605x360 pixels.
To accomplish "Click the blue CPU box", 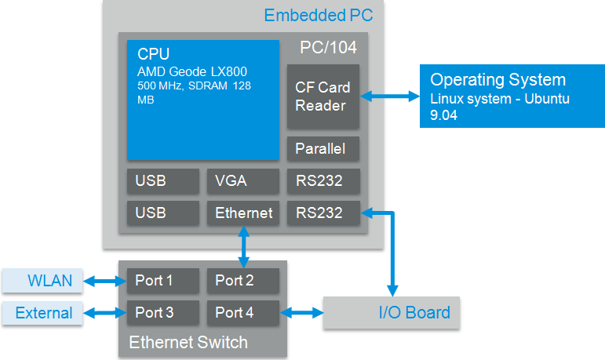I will [x=203, y=100].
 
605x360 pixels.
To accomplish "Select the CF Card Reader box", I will [x=323, y=96].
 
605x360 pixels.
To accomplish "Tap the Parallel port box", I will [x=323, y=148].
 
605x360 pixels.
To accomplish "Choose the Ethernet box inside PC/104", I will [x=242, y=213].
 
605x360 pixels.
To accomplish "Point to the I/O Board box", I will [x=392, y=313].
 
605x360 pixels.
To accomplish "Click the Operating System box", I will [x=512, y=96].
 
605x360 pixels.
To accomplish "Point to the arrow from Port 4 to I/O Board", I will [x=301, y=313].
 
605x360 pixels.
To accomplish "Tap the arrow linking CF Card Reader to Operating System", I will [x=390, y=96].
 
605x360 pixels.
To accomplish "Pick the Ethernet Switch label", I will [x=188, y=342].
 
